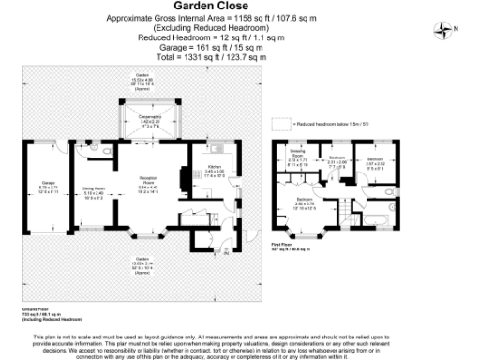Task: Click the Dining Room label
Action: point(94,192)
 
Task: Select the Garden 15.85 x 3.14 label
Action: point(142,265)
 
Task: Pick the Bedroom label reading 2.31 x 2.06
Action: point(337,160)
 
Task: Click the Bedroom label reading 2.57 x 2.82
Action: point(375,161)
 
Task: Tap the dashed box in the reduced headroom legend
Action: point(278,123)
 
